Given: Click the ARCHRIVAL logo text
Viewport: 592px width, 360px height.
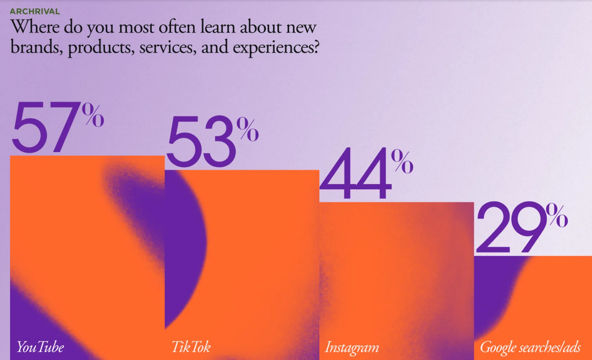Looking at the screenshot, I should click(x=35, y=11).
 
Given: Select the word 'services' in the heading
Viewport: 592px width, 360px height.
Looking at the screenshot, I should click(x=168, y=47).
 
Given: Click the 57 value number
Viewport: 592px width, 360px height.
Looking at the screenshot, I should click(x=46, y=127).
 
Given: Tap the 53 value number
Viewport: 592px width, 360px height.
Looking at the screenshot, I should click(x=201, y=142).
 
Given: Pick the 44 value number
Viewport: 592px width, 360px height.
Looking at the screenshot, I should click(x=355, y=174).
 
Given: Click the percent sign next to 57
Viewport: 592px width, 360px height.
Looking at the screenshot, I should click(x=93, y=115).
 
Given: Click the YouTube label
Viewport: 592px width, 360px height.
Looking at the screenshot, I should click(x=41, y=347).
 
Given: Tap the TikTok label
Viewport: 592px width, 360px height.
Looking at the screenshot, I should click(x=191, y=347).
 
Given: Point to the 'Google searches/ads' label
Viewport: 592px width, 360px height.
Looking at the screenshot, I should click(x=530, y=347).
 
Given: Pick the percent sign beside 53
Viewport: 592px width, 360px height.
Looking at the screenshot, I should click(x=248, y=129).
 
